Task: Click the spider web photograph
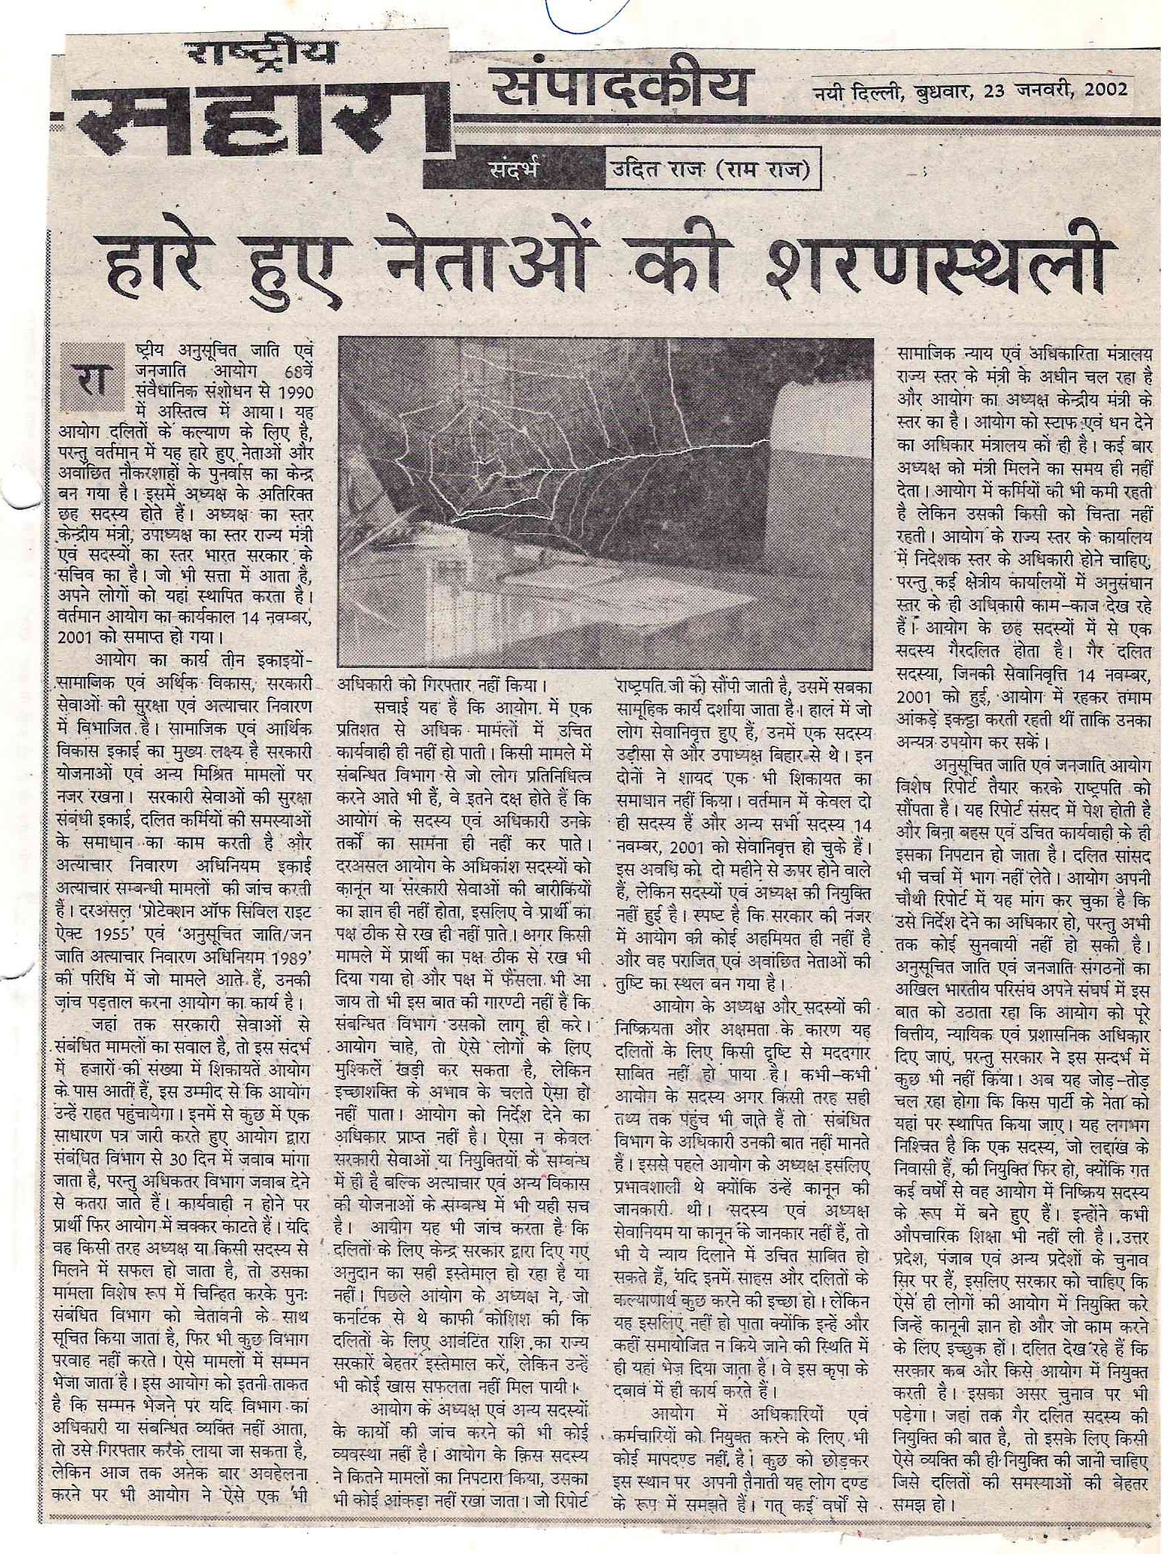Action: (x=605, y=503)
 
